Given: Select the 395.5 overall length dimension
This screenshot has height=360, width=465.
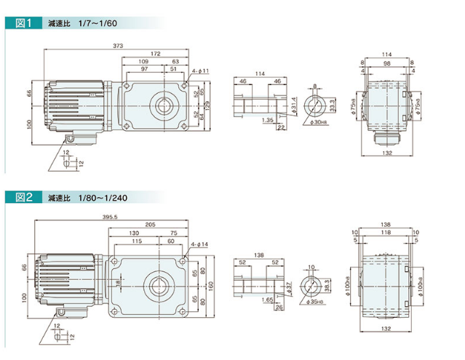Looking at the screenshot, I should pos(111,217).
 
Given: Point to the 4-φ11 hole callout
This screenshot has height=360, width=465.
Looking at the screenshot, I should pos(201,71).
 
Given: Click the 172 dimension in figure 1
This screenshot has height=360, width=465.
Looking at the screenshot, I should pos(154,54).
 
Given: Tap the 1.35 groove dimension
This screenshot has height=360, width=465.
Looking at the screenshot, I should pos(267,120).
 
